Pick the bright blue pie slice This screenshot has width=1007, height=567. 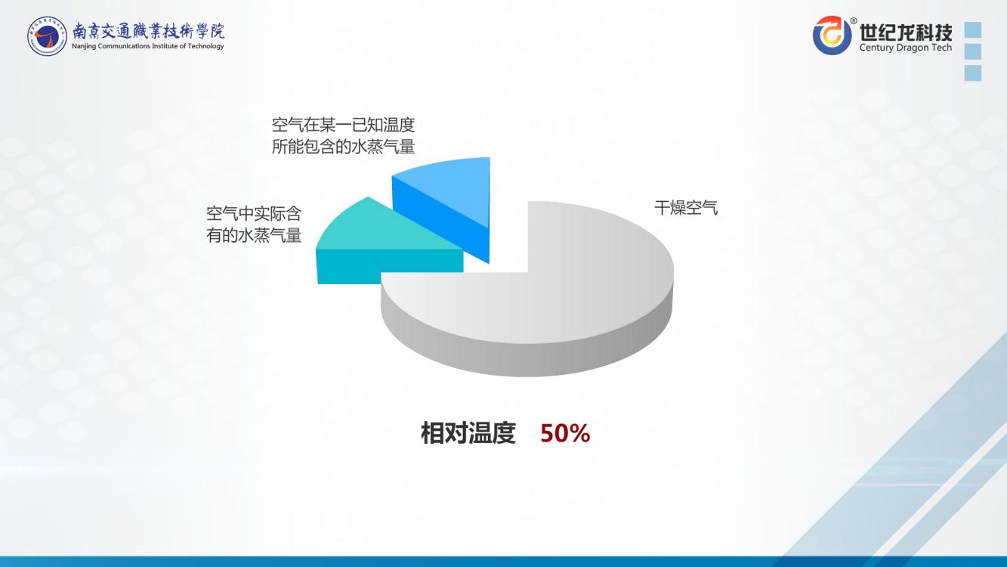pyautogui.click(x=445, y=198)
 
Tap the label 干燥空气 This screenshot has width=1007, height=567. pyautogui.click(x=686, y=208)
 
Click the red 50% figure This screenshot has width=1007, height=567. pyautogui.click(x=565, y=433)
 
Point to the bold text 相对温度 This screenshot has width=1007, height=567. pyautogui.click(x=468, y=433)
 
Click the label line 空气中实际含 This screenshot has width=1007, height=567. pyautogui.click(x=254, y=214)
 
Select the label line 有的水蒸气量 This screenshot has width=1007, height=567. pyautogui.click(x=254, y=235)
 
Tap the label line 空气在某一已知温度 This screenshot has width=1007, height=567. pyautogui.click(x=343, y=125)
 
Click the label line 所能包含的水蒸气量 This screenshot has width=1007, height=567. pyautogui.click(x=343, y=147)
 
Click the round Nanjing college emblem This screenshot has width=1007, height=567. pyautogui.click(x=47, y=36)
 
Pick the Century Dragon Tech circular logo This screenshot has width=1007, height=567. pyautogui.click(x=832, y=35)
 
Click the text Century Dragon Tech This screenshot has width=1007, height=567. pyautogui.click(x=906, y=48)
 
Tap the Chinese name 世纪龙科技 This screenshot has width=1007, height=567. pyautogui.click(x=906, y=32)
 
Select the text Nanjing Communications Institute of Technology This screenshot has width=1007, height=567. pyautogui.click(x=148, y=46)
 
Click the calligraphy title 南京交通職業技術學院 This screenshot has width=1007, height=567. pyautogui.click(x=148, y=30)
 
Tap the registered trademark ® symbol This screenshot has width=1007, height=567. pyautogui.click(x=853, y=20)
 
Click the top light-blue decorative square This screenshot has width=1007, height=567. pyautogui.click(x=973, y=29)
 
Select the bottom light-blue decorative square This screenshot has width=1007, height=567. pyautogui.click(x=973, y=73)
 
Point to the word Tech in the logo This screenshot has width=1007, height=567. pyautogui.click(x=941, y=48)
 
